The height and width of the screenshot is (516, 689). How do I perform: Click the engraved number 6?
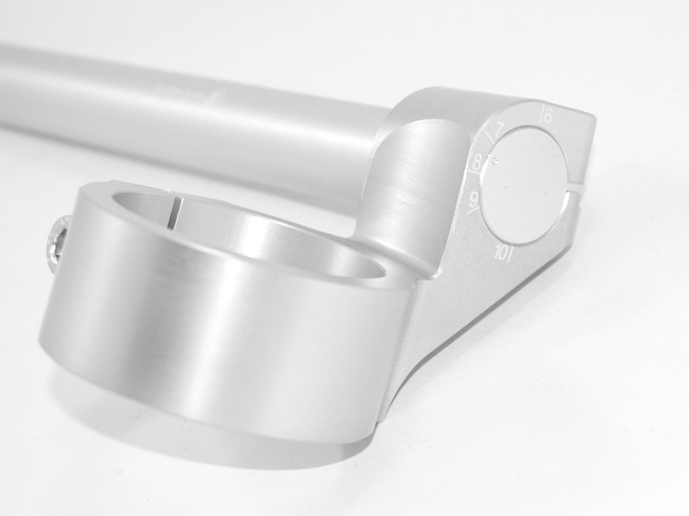[x=548, y=116]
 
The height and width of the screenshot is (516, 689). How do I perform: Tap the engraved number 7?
[x=500, y=128]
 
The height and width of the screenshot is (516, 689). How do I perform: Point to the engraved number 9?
[x=474, y=199]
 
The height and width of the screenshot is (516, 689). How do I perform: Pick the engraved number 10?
[x=501, y=252]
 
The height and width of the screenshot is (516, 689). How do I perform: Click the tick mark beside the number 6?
[x=541, y=115]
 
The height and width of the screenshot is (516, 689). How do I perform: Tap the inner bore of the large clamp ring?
[x=276, y=235]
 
